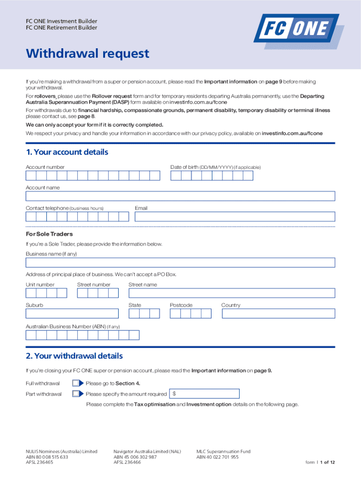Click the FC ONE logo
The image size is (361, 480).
(x=298, y=30)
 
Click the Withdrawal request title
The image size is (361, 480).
(x=87, y=54)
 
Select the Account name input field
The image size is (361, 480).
(x=180, y=196)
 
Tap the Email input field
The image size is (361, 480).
(x=234, y=217)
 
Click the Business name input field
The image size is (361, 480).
(x=180, y=262)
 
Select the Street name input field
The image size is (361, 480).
(x=232, y=293)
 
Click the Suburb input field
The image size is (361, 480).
(x=72, y=314)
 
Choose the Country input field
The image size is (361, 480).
(x=278, y=314)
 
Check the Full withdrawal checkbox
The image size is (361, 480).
(x=76, y=383)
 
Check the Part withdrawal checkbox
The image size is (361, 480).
(x=76, y=394)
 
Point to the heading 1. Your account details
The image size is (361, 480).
(x=67, y=152)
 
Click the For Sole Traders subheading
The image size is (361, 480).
(x=49, y=234)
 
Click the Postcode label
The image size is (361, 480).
(x=181, y=305)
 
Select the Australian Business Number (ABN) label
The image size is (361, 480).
(x=73, y=326)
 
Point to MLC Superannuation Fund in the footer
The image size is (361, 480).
(x=223, y=451)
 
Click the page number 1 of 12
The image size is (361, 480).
(x=327, y=462)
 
